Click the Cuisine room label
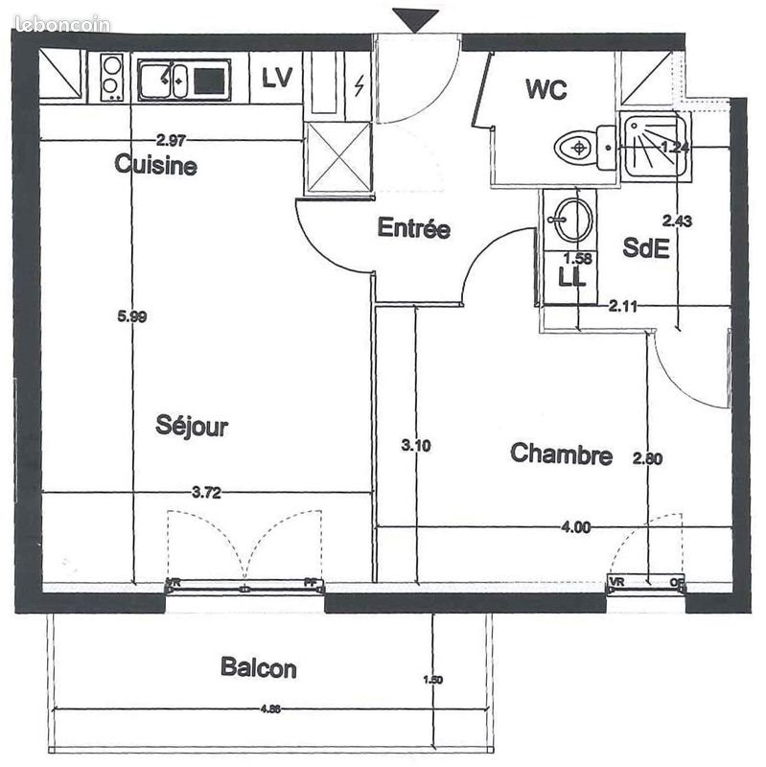155,165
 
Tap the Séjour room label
192,426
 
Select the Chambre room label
561,453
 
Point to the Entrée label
413,228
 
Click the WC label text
546,90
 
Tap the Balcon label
258,667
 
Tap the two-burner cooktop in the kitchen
112,77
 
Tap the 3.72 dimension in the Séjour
206,493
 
